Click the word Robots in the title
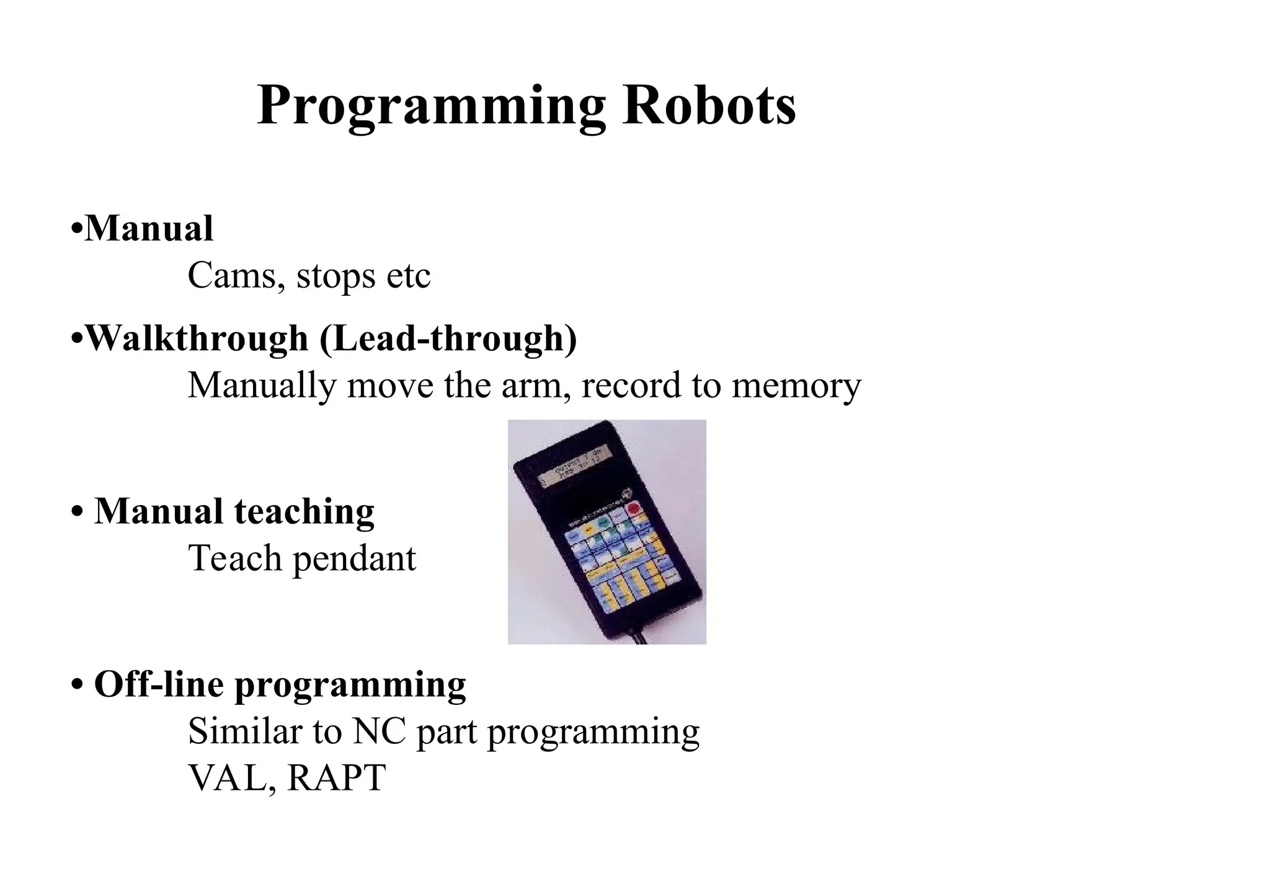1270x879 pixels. (x=709, y=105)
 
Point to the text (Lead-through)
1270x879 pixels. (x=448, y=339)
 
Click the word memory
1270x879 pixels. (x=796, y=386)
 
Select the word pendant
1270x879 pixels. (x=354, y=559)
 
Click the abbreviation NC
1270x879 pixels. (x=379, y=731)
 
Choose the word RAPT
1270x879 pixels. (x=337, y=778)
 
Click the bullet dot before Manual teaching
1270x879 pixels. (x=77, y=513)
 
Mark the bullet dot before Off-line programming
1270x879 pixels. (x=77, y=686)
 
